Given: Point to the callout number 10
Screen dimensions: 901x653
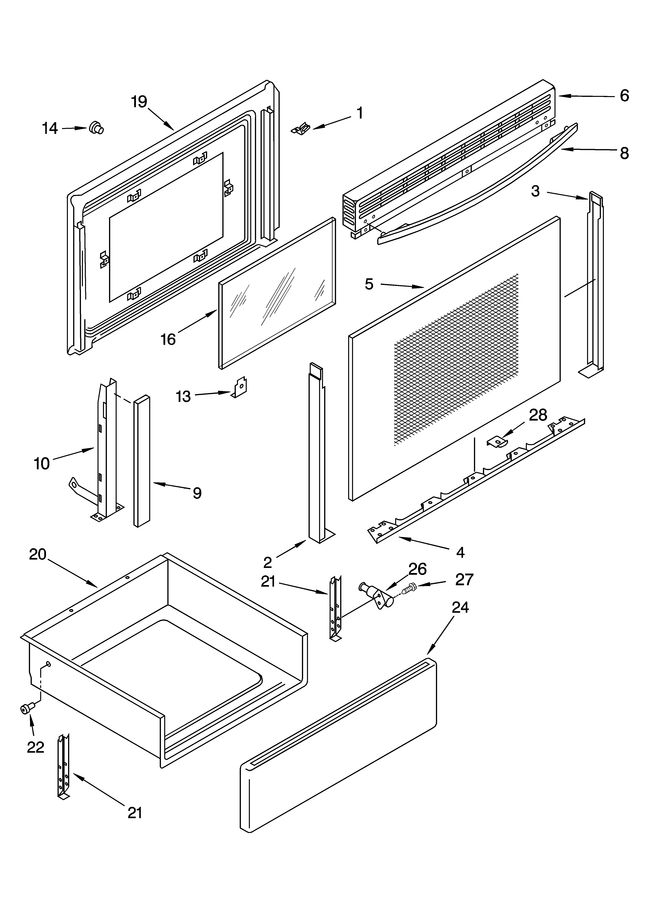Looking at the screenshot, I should (42, 464).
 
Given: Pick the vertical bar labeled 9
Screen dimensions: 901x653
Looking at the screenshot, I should (142, 461).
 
